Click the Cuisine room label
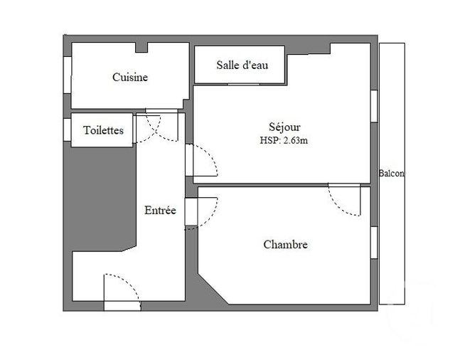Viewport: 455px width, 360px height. [130, 78]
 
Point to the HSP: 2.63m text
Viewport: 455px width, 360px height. [283, 140]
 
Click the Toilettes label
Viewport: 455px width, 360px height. [103, 130]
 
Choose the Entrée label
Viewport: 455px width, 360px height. [160, 211]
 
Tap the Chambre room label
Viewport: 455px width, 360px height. [285, 244]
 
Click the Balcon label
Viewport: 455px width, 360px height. [391, 174]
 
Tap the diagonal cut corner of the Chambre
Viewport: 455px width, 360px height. [213, 284]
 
